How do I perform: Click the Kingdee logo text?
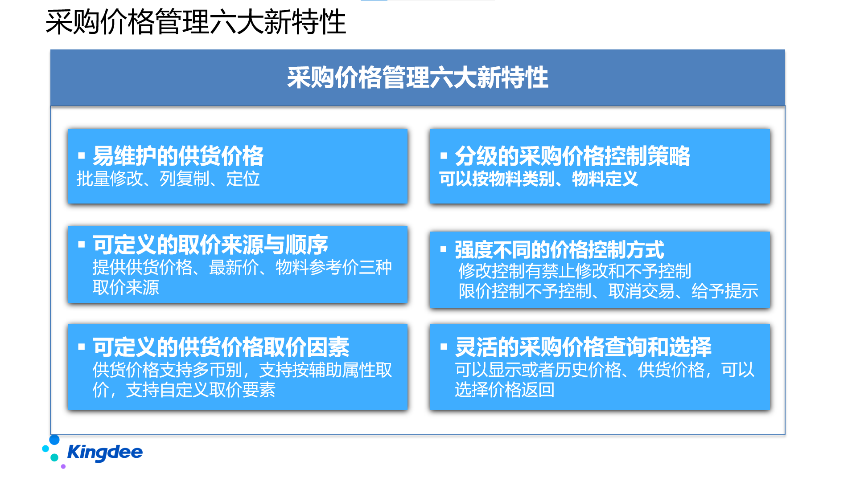click(105, 452)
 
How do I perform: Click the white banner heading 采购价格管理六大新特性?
click(418, 77)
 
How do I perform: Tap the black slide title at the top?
click(196, 22)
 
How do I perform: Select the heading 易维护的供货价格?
click(178, 156)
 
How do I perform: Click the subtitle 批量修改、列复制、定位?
click(168, 179)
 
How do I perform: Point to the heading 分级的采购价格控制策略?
click(572, 156)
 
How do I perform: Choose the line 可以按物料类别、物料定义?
click(539, 179)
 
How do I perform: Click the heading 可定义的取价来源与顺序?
click(210, 245)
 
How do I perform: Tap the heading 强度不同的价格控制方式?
click(560, 249)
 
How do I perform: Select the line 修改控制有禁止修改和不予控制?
click(575, 271)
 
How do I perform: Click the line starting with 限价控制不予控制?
click(609, 291)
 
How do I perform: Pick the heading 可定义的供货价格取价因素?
click(221, 347)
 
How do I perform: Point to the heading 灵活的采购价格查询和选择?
click(583, 347)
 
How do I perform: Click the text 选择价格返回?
click(505, 390)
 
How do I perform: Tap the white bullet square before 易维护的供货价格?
click(82, 155)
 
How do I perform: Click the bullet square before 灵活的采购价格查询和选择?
click(444, 346)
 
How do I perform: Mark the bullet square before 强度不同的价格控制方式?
click(444, 249)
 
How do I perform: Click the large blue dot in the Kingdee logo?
click(54, 440)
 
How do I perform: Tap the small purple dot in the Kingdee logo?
click(63, 466)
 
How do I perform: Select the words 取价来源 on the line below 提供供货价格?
click(126, 288)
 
